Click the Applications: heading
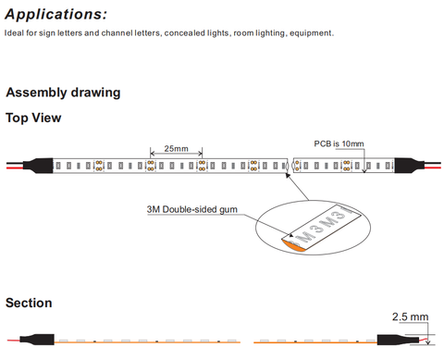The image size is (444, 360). pyautogui.click(x=56, y=15)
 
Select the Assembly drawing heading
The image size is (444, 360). pyautogui.click(x=63, y=93)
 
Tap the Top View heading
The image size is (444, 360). pyautogui.click(x=33, y=118)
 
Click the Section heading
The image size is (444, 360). pyautogui.click(x=29, y=303)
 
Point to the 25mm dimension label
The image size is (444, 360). pyautogui.click(x=176, y=148)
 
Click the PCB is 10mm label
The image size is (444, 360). pyautogui.click(x=339, y=143)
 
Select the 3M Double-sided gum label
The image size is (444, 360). pyautogui.click(x=192, y=209)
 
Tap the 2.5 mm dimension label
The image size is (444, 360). pyautogui.click(x=410, y=317)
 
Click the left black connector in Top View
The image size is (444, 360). pyautogui.click(x=38, y=166)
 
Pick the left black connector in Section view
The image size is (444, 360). pyautogui.click(x=37, y=340)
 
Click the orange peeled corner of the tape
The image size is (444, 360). pyautogui.click(x=293, y=244)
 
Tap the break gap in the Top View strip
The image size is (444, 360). pyautogui.click(x=290, y=166)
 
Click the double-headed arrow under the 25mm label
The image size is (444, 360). pyautogui.click(x=176, y=153)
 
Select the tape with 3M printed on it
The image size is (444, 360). pyautogui.click(x=322, y=227)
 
